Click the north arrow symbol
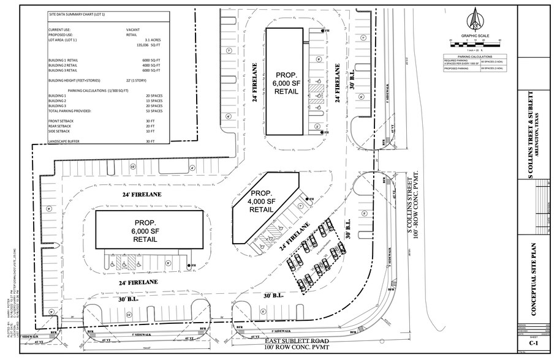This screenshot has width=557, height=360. (x=475, y=20)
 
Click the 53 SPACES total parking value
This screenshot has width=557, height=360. (x=154, y=111)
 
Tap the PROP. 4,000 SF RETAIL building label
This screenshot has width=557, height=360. (x=262, y=201)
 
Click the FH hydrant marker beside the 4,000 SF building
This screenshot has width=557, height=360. (x=310, y=200)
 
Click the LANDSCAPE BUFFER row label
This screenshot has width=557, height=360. (x=65, y=141)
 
